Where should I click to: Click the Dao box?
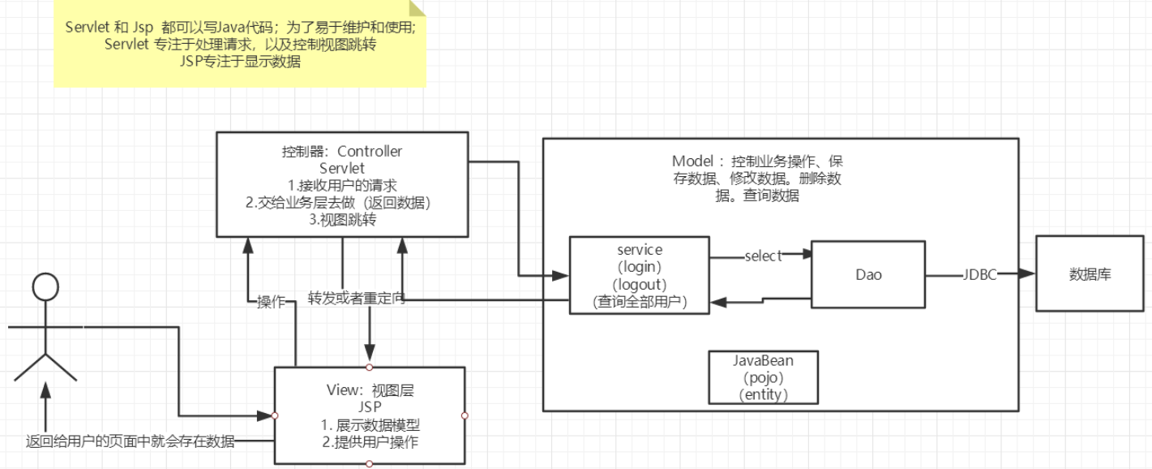868,274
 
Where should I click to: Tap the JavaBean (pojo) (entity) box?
763,376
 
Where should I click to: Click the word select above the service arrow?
763,256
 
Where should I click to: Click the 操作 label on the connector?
270,302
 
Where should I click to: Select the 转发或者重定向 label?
356,298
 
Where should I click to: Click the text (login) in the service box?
640,267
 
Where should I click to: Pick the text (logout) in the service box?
640,285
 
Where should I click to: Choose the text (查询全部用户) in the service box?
640,303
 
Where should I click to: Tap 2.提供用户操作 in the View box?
369,442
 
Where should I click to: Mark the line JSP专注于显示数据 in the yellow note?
241,62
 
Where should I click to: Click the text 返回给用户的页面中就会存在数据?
130,441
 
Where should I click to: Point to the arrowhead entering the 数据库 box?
1029,274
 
